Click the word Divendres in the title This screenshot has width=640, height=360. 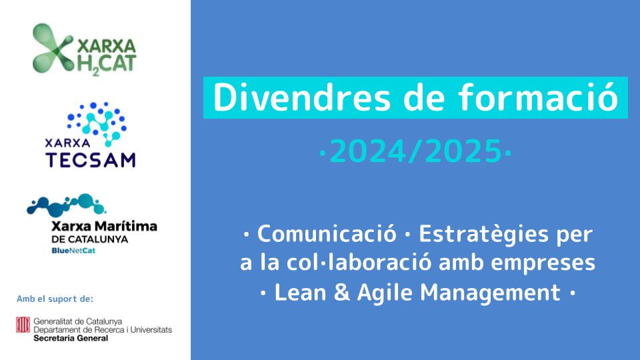[302, 97]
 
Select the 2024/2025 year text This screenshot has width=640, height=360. [415, 151]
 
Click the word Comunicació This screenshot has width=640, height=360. [327, 234]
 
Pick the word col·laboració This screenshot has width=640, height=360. [359, 262]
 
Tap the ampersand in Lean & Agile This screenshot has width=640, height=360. [341, 292]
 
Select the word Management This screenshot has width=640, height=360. [490, 293]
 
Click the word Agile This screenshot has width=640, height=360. [385, 293]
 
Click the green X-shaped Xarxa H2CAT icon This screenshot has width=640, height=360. [52, 48]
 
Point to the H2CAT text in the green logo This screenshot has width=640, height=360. [107, 65]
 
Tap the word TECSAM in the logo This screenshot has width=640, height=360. [90, 159]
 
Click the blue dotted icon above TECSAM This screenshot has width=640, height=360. [97, 123]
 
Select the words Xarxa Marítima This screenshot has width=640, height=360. [104, 226]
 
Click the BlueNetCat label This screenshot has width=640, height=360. [73, 251]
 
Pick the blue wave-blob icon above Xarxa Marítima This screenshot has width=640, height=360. [66, 205]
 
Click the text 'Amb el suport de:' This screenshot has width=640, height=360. [55, 299]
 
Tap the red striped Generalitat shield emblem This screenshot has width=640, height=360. [23, 325]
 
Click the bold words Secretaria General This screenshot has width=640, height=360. [71, 338]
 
